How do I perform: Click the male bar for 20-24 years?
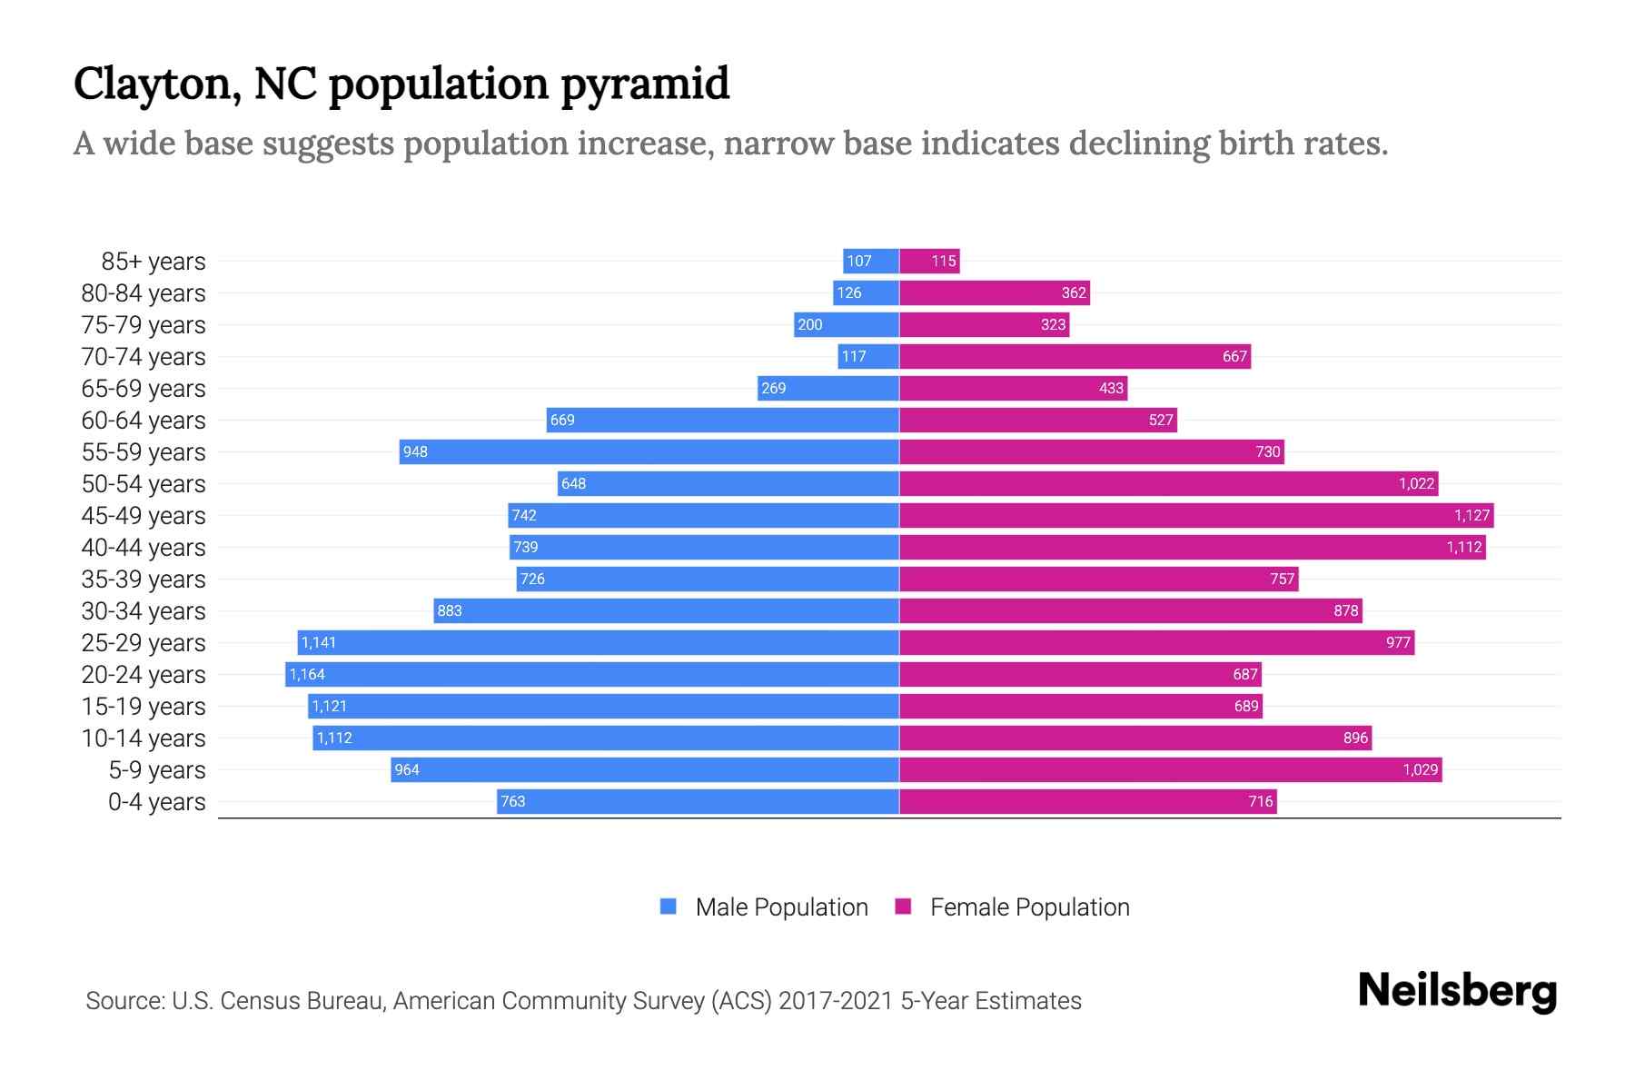[x=592, y=674]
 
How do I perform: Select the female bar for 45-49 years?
[x=1195, y=515]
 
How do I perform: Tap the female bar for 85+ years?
[x=929, y=261]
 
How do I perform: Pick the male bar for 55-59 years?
[x=649, y=451]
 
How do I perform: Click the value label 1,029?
[x=1420, y=769]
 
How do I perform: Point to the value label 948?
[x=415, y=451]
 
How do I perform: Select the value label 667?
[x=1234, y=356]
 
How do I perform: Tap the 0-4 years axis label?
[x=156, y=801]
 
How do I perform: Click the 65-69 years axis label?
[x=144, y=388]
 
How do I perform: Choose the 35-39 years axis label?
[x=144, y=579]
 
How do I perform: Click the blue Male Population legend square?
[x=669, y=907]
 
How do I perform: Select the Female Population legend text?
[x=1029, y=907]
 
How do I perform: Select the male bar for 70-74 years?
[x=868, y=356]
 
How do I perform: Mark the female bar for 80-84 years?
[x=994, y=292]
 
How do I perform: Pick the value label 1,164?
[x=307, y=674]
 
